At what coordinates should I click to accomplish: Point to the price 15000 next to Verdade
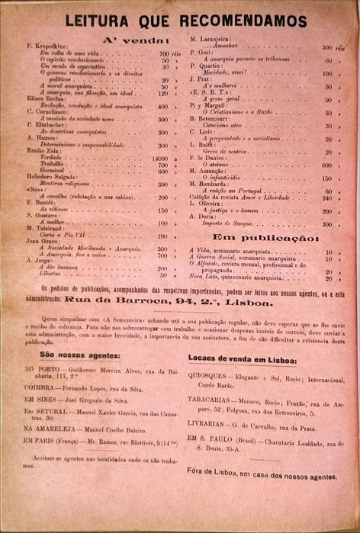click(160, 158)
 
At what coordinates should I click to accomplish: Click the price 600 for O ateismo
click(326, 165)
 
